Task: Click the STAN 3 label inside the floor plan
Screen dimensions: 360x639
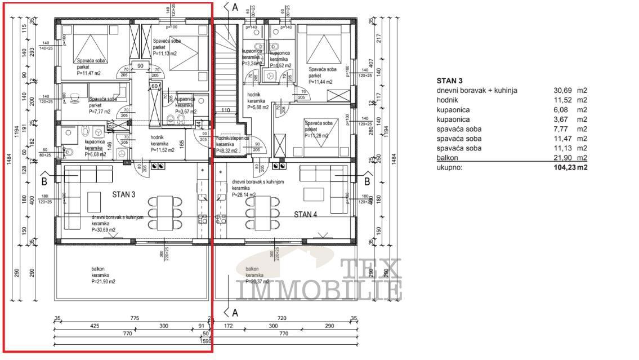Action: point(123,195)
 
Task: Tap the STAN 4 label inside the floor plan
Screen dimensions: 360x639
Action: point(306,214)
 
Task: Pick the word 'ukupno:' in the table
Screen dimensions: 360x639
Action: point(448,167)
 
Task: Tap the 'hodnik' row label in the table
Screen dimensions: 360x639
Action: point(447,100)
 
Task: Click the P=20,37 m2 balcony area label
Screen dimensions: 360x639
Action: point(257,281)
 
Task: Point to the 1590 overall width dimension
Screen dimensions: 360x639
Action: point(207,341)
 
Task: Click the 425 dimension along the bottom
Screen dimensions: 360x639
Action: point(95,326)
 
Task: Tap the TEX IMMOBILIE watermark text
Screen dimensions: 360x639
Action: point(319,281)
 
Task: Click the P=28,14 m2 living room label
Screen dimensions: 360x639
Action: point(244,195)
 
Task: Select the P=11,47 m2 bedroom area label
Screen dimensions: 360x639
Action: point(89,73)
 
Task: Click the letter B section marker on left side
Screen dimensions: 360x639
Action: point(44,181)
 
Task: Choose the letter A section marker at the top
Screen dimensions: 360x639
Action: point(234,7)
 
